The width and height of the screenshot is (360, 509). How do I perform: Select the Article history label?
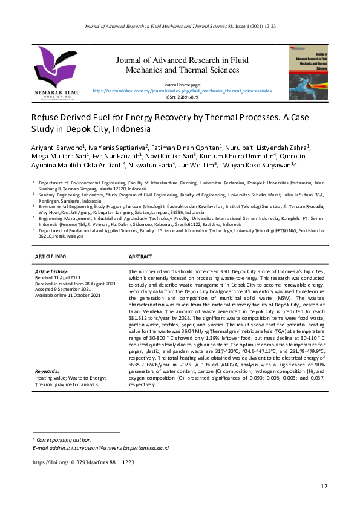coord(54,273)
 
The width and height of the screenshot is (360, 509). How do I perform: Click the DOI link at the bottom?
coord(83,462)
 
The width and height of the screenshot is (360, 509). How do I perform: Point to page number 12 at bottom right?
coord(324,487)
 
